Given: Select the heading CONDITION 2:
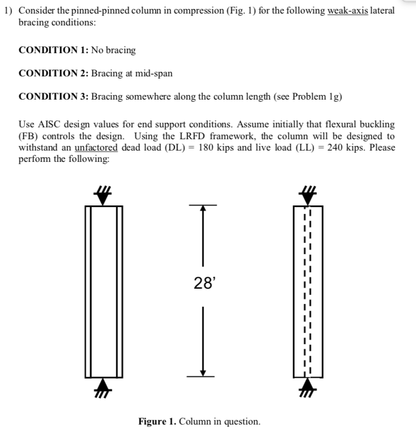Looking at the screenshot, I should click(54, 74).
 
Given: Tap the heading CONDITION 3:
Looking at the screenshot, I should click(54, 96).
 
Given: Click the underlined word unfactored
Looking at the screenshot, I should click(96, 147).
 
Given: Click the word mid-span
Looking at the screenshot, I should click(154, 74).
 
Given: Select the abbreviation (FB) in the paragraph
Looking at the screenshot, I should click(28, 136).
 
